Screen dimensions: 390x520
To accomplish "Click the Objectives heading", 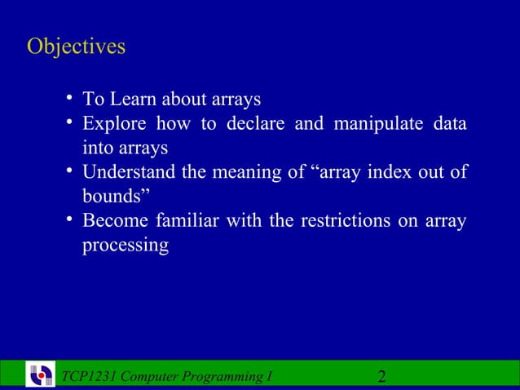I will pyautogui.click(x=76, y=47).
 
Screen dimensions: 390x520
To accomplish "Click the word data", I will pyautogui.click(x=449, y=124).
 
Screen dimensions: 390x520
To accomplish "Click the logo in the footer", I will pyautogui.click(x=41, y=375).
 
